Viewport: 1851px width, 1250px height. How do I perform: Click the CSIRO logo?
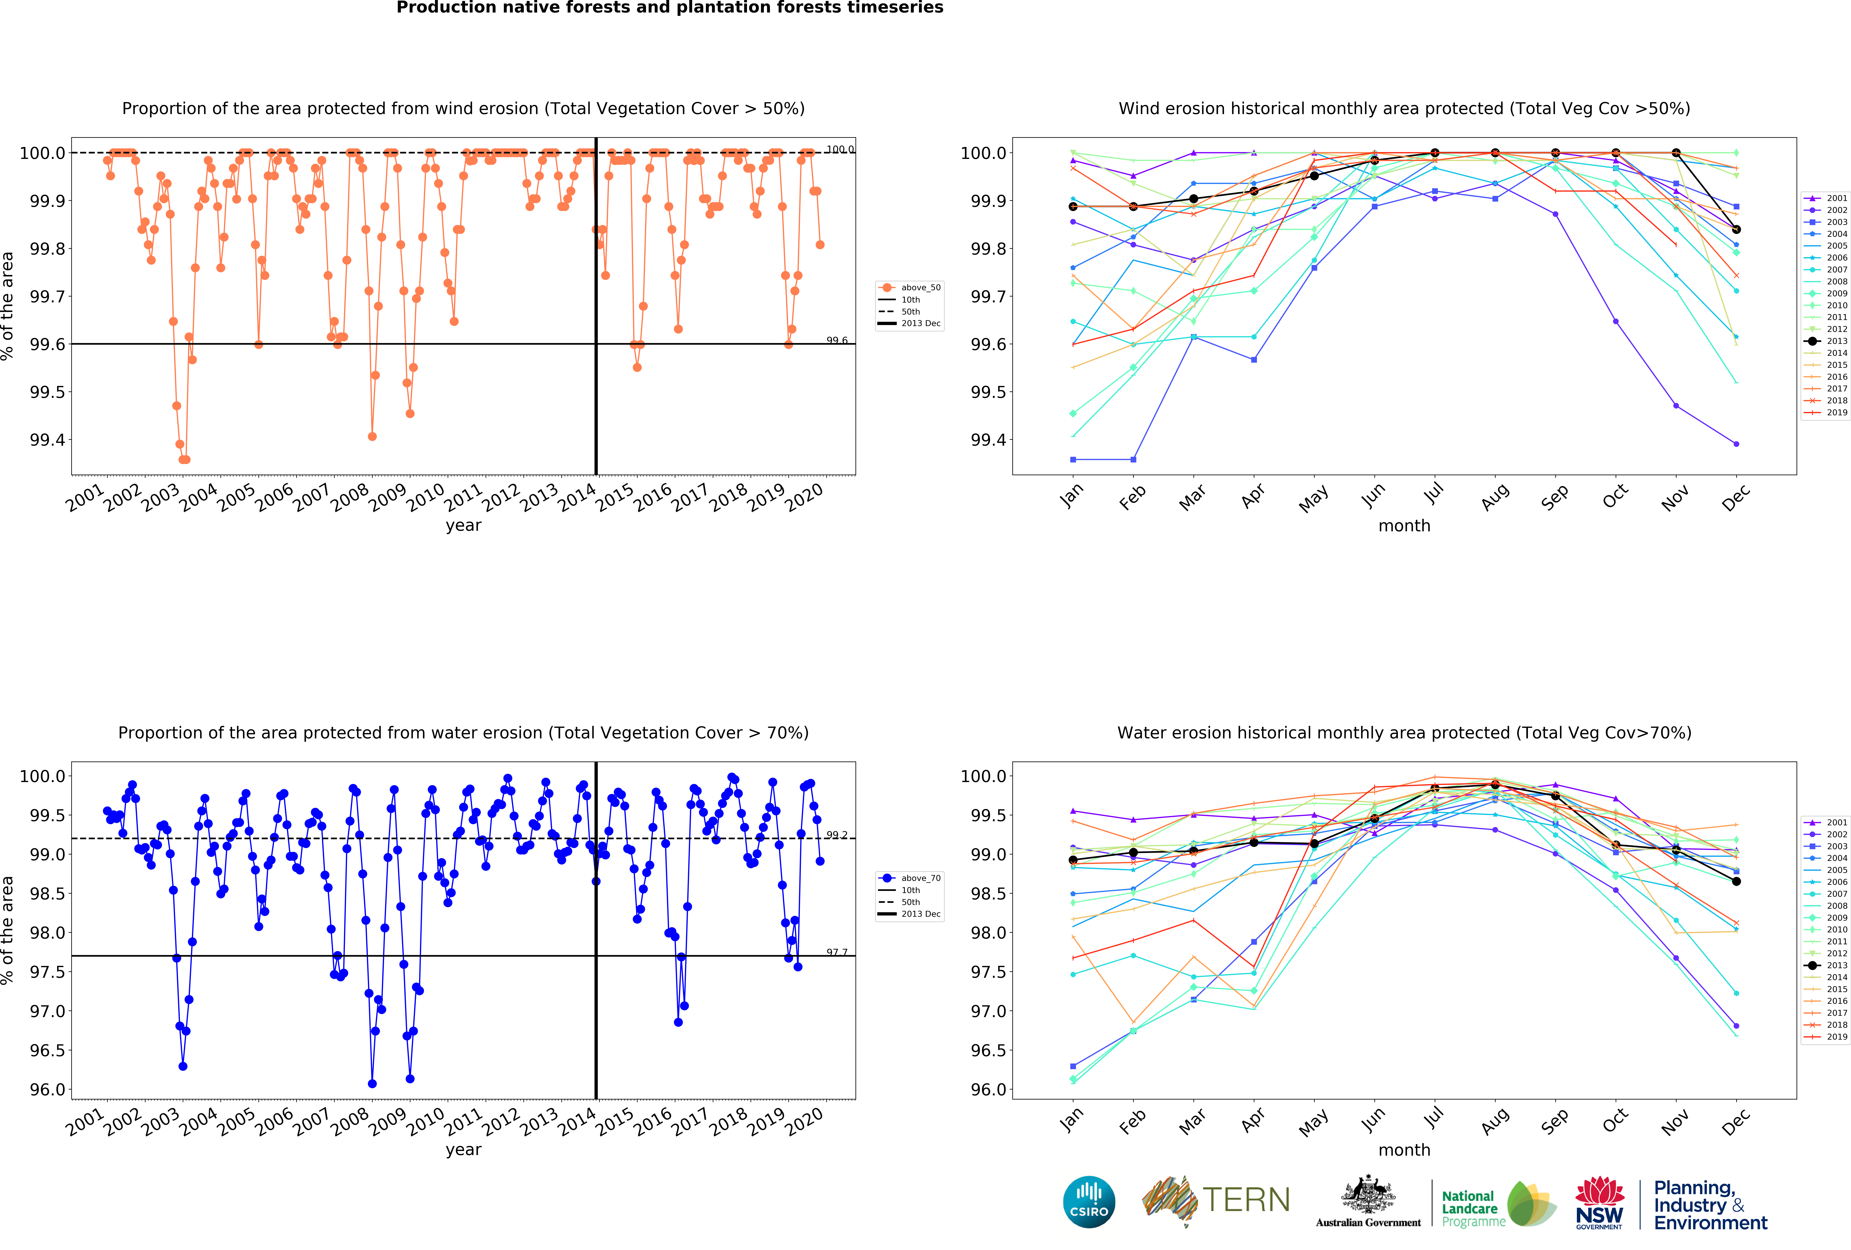click(x=1089, y=1201)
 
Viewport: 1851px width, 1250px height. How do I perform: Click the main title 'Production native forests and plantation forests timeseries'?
click(x=670, y=8)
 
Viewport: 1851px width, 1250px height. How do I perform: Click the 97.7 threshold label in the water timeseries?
click(x=836, y=952)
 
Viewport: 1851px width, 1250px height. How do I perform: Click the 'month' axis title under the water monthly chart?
click(x=1404, y=1150)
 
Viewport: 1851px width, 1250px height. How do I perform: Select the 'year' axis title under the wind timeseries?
click(x=463, y=525)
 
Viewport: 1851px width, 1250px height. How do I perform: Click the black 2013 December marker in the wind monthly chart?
click(x=1736, y=229)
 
